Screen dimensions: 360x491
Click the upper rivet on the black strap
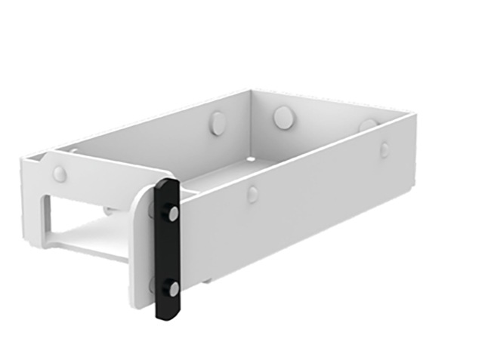pos(174,214)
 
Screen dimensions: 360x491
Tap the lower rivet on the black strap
pos(174,288)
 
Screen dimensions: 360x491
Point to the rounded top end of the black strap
pos(167,184)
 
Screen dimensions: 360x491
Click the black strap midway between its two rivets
pos(167,251)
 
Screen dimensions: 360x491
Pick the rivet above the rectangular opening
pos(59,174)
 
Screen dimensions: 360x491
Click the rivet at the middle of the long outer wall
pos(252,195)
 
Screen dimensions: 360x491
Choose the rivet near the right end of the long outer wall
pos(384,149)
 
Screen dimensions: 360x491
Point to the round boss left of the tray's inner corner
pos(218,123)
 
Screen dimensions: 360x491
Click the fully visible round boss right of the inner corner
pos(284,117)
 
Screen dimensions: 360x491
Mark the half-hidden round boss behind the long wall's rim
pos(368,124)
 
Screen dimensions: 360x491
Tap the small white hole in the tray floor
pos(249,160)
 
